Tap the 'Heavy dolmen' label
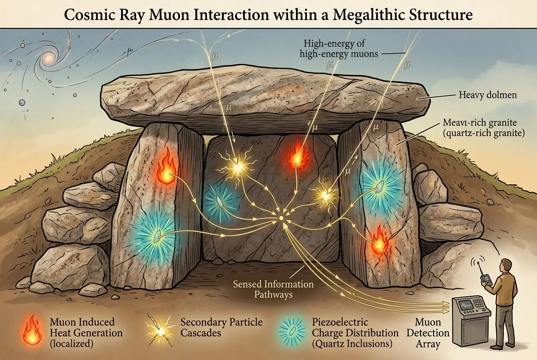coord(487,95)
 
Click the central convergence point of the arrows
coord(280,218)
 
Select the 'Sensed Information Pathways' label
coord(273,289)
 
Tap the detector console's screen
coord(461,305)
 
